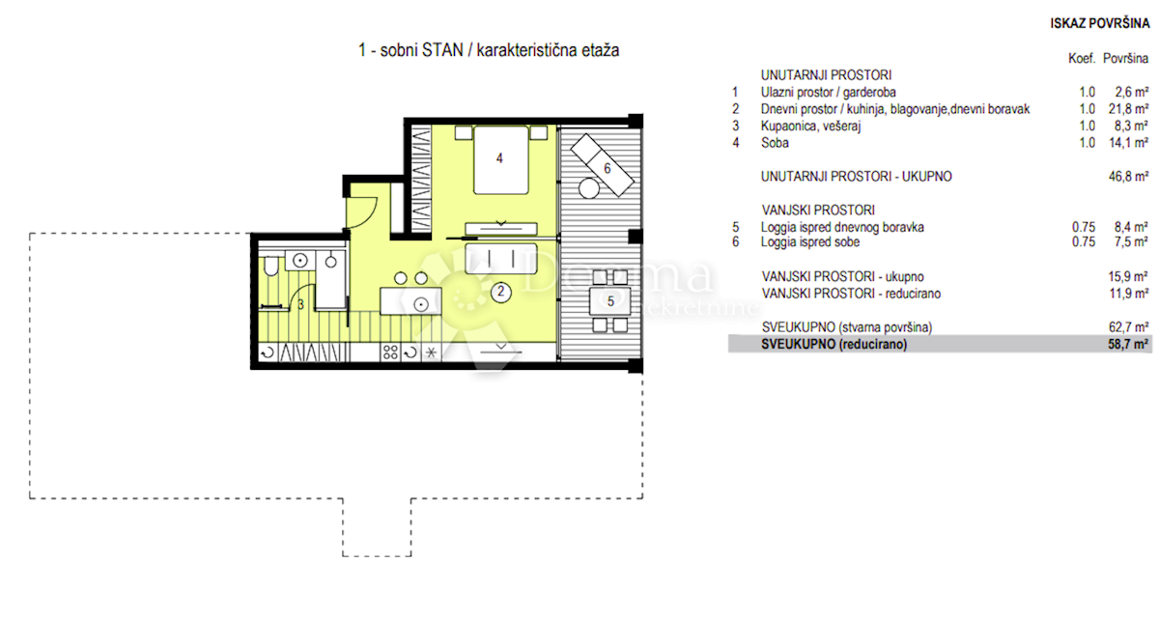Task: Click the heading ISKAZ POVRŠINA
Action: pos(1100,23)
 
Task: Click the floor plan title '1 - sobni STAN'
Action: pos(410,50)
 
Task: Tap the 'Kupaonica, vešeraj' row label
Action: pos(810,127)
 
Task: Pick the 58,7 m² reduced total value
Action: pos(1128,344)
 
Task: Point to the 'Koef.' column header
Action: pos(1082,59)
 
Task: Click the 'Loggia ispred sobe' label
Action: pos(810,242)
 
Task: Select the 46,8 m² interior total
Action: pos(1128,177)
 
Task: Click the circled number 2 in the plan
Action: pos(500,292)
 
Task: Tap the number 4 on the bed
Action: pos(499,158)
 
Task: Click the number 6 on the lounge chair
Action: pos(608,168)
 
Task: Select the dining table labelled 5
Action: pos(610,300)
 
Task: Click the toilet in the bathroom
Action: pos(270,267)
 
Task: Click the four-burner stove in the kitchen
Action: pos(390,352)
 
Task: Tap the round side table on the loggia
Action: pos(589,188)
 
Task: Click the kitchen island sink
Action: pos(421,305)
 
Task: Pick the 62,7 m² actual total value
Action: pos(1128,327)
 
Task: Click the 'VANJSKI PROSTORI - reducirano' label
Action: pos(851,294)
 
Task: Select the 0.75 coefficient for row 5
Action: pos(1084,227)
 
